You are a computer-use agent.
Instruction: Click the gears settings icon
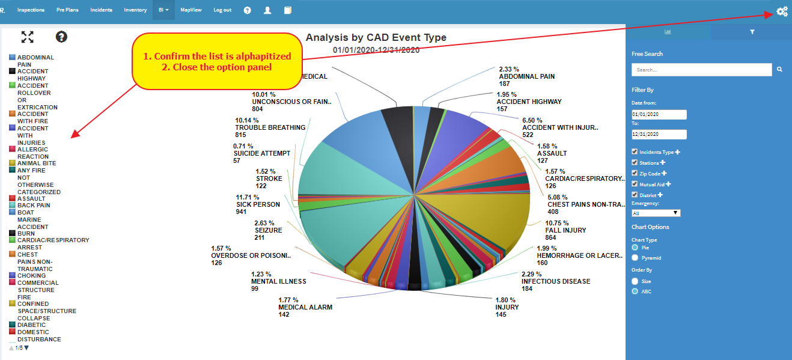point(782,11)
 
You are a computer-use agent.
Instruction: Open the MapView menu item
point(191,10)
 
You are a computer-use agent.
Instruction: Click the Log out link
point(222,10)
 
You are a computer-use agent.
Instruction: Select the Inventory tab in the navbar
point(135,10)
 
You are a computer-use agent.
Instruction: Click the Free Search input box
point(701,70)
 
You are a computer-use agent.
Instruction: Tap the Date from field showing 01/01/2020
point(659,114)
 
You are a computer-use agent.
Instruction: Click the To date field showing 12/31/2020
point(659,134)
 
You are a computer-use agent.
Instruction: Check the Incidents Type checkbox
point(635,152)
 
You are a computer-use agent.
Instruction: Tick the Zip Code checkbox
point(635,174)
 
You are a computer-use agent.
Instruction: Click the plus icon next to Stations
point(663,163)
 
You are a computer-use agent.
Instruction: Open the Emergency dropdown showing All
point(656,213)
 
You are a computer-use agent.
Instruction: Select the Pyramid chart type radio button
point(635,258)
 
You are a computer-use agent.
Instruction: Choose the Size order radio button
point(635,281)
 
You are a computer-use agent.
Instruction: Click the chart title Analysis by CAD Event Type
point(376,38)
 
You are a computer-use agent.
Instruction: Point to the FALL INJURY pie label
point(565,230)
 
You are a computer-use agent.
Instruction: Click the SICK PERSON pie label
point(258,204)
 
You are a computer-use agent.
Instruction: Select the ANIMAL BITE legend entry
point(37,163)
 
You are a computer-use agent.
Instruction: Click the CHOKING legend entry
point(31,276)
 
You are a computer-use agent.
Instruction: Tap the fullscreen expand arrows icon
point(28,37)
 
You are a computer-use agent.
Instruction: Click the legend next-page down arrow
point(26,347)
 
